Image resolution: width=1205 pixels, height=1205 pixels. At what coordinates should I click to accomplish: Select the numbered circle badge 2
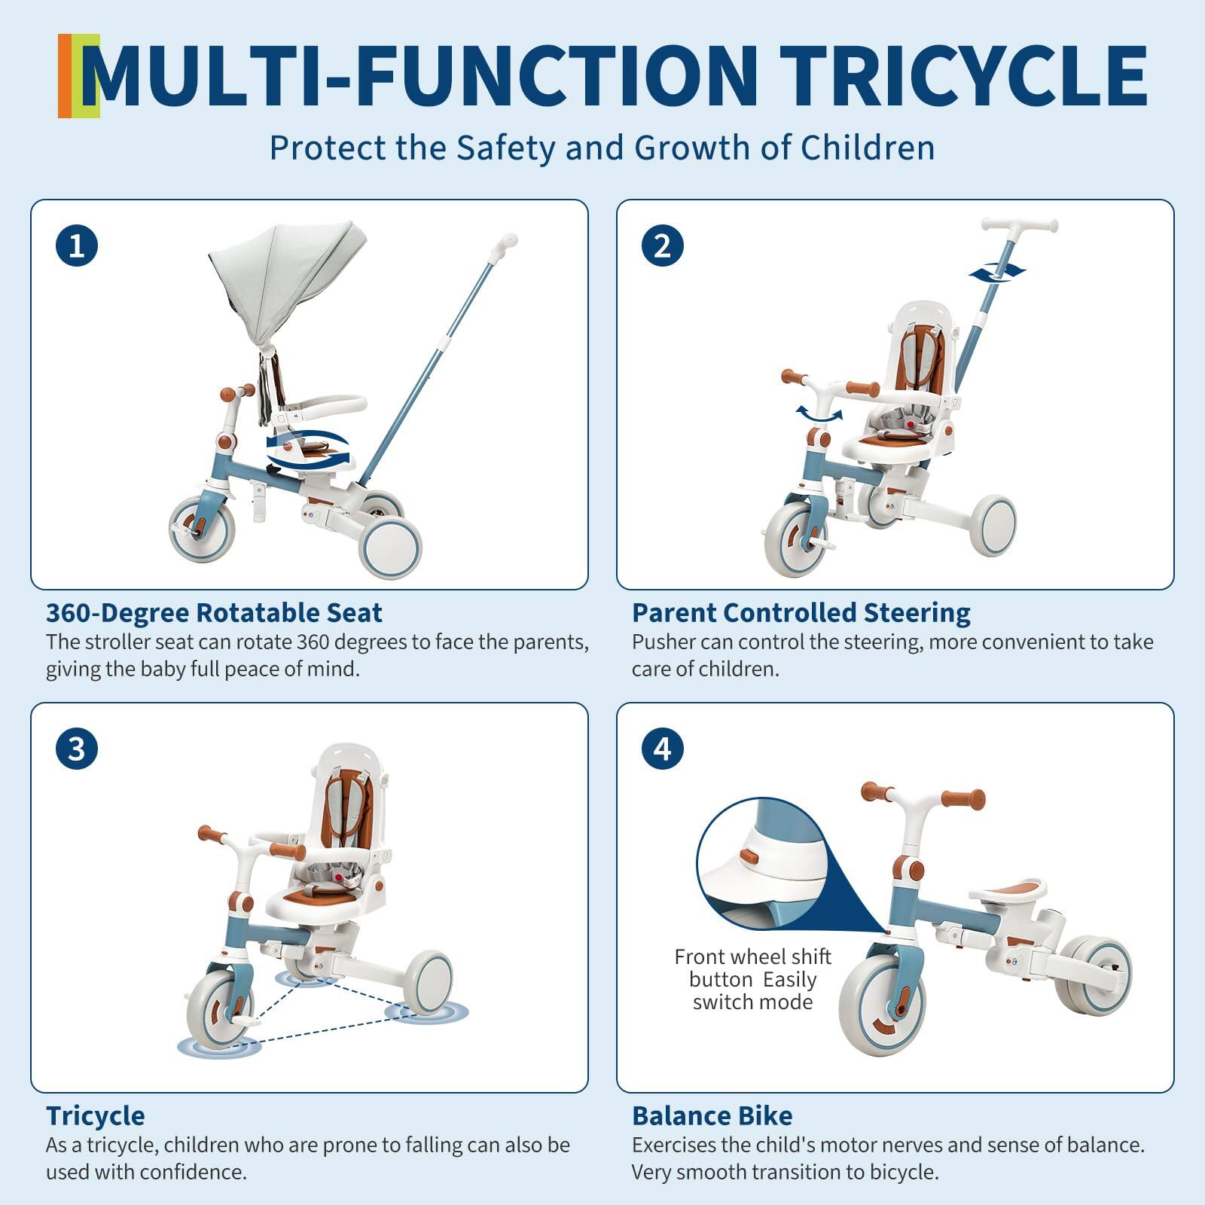coord(662,246)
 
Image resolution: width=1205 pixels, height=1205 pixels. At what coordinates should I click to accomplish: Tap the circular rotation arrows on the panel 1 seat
coord(309,450)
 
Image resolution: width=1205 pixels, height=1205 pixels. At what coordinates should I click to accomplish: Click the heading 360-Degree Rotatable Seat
coord(214,613)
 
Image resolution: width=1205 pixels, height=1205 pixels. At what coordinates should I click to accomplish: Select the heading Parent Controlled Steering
coord(801,613)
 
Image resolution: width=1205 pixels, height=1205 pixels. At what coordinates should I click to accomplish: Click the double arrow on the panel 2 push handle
coord(996,273)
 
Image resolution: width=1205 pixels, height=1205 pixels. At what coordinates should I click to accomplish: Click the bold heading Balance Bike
coord(712,1115)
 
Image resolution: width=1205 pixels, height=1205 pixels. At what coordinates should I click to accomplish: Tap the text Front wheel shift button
coord(752,968)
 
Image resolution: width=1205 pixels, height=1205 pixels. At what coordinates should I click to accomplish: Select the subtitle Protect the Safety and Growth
coord(602,148)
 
